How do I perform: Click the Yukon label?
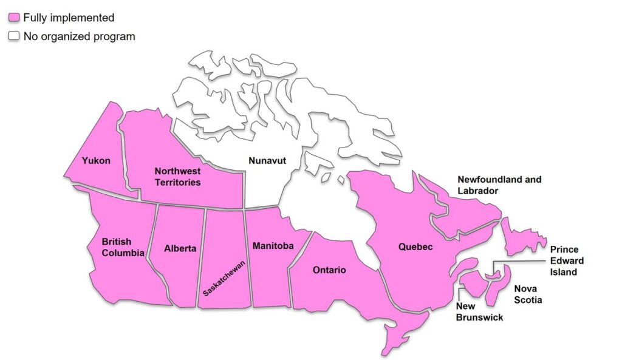tap(97, 161)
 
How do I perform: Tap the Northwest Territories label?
tap(177, 177)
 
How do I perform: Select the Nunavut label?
tap(267, 161)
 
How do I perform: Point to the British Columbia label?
tap(123, 248)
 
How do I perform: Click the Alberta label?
tap(180, 248)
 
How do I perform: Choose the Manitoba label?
tap(273, 246)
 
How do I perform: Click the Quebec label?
tap(415, 247)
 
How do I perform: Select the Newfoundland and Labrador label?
tap(499, 185)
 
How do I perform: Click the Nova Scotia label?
tap(528, 294)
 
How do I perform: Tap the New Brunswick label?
tap(479, 312)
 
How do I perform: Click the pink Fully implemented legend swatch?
tap(13, 18)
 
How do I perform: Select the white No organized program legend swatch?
tap(13, 36)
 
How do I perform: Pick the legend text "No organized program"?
tap(79, 36)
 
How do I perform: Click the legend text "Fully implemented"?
tap(69, 18)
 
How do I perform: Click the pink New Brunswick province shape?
tap(474, 283)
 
